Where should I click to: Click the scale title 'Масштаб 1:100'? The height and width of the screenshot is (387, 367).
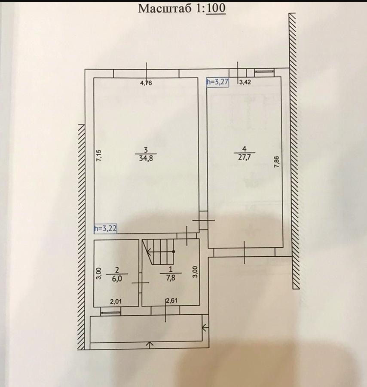point(182,9)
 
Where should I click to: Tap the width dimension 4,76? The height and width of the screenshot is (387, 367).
point(146,83)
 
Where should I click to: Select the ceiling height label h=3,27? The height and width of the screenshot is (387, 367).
point(218,82)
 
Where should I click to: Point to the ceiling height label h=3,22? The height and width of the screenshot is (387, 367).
point(105,228)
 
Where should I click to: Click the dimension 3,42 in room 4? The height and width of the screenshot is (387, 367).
point(245,82)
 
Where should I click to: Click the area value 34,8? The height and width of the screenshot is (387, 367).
point(146,158)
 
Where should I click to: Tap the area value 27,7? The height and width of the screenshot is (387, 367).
point(245,157)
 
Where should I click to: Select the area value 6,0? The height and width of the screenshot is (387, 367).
point(117,278)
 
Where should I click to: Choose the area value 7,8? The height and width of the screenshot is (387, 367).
point(171,278)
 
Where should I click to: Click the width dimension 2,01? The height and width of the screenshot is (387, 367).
point(116,301)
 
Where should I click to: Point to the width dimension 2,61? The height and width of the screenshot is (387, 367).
point(171,301)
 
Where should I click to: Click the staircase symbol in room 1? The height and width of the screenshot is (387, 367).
point(159,252)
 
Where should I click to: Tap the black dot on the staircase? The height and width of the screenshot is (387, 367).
point(174,252)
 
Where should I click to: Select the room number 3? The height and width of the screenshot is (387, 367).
point(146,150)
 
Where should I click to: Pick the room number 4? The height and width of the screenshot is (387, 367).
point(245,149)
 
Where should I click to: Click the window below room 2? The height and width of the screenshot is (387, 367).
point(111,313)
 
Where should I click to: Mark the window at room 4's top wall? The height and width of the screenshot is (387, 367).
point(264,71)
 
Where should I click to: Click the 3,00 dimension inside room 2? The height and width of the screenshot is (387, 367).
point(99,273)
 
